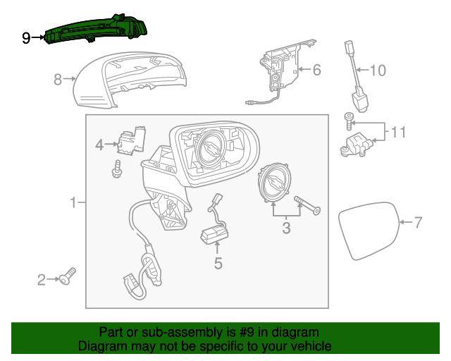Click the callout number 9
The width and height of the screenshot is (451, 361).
pyautogui.click(x=26, y=38)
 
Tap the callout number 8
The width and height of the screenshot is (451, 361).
pyautogui.click(x=58, y=80)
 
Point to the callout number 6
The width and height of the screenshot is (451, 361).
pyautogui.click(x=316, y=70)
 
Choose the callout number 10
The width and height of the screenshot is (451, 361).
pyautogui.click(x=378, y=71)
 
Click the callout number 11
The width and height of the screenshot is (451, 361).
pyautogui.click(x=399, y=132)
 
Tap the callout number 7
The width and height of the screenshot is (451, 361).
pyautogui.click(x=418, y=223)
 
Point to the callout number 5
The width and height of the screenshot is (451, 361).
pyautogui.click(x=218, y=264)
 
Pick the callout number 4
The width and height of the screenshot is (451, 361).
pyautogui.click(x=99, y=145)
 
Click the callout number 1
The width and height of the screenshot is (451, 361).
pyautogui.click(x=73, y=204)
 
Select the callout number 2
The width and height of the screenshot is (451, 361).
pyautogui.click(x=42, y=281)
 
